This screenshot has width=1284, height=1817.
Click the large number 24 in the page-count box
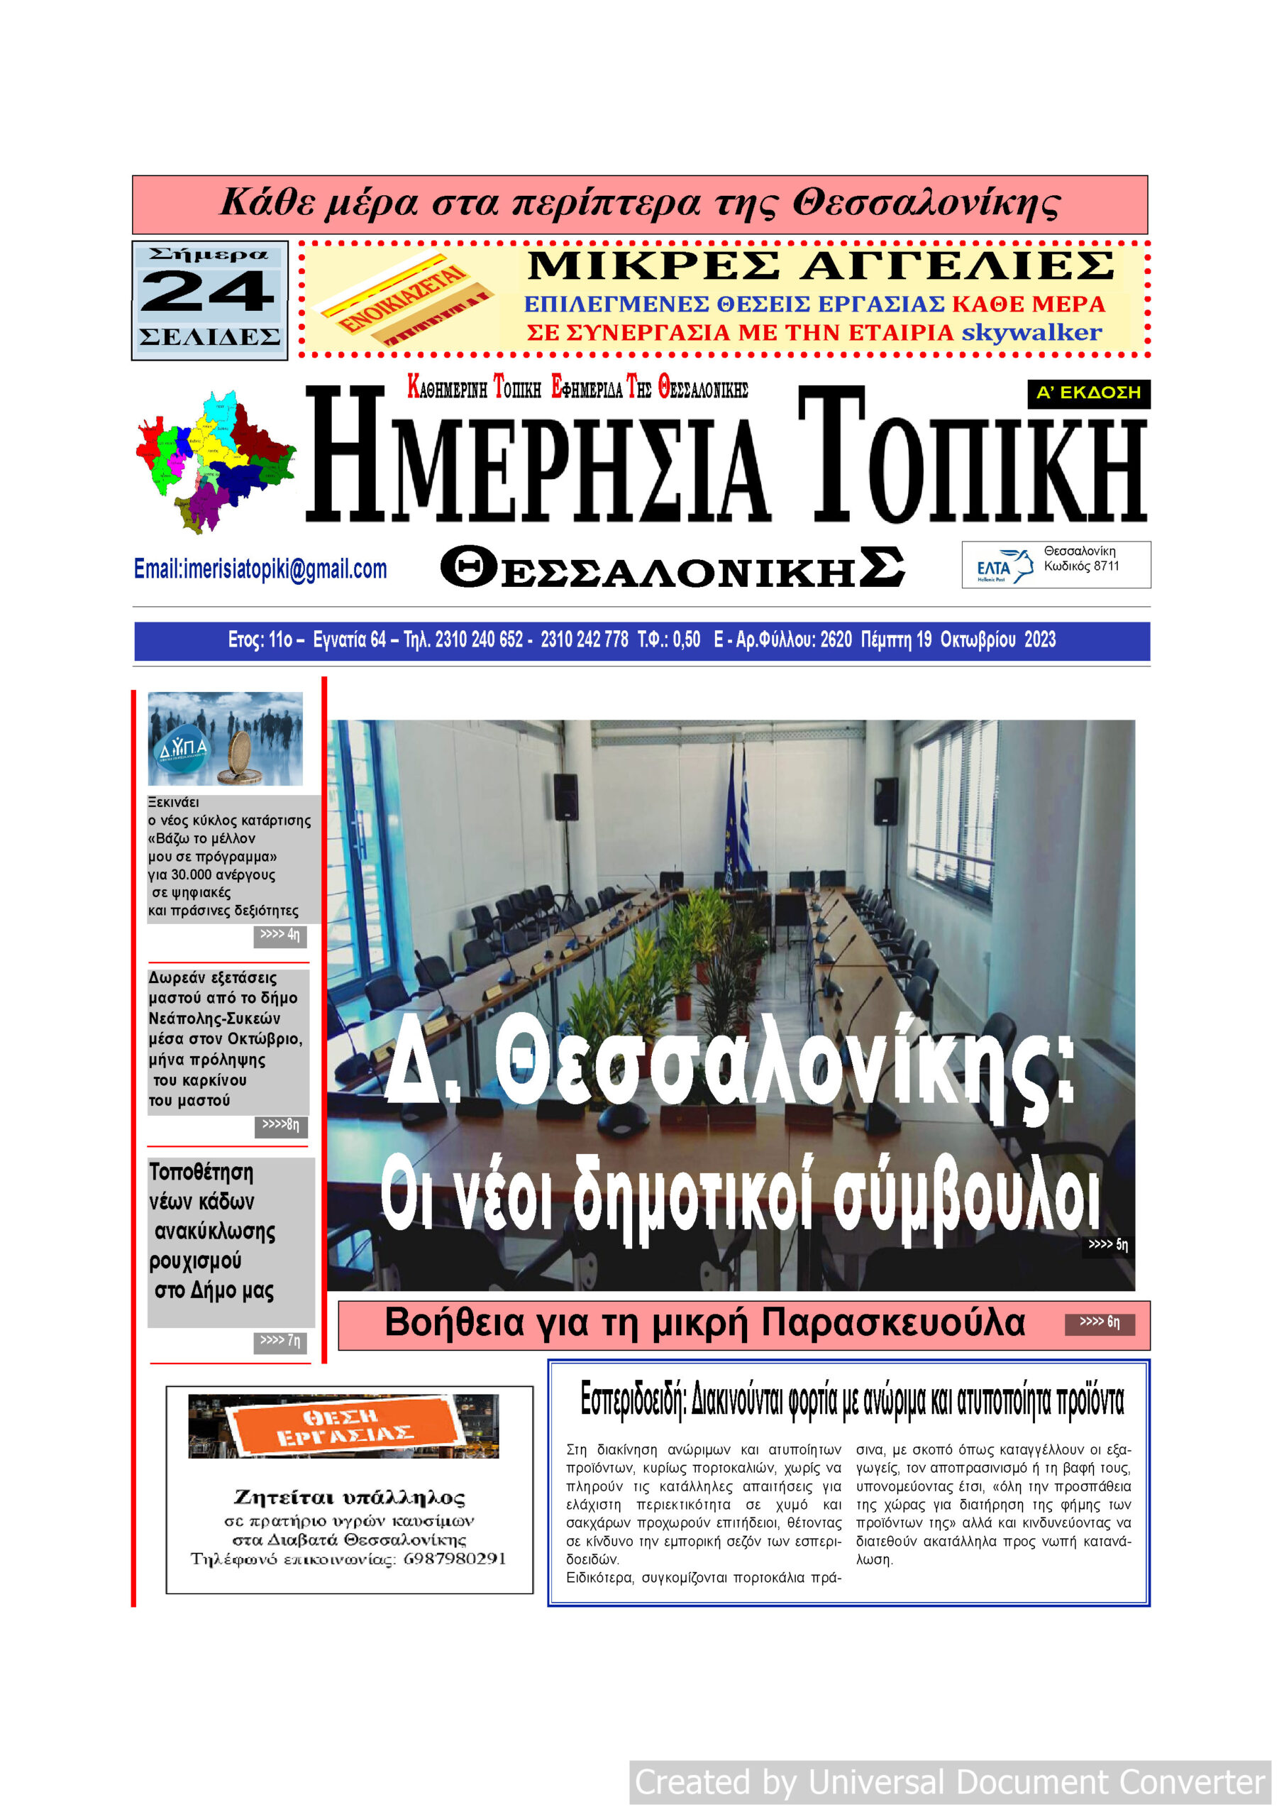[x=208, y=292]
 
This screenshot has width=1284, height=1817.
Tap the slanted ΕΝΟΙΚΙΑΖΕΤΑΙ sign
[x=404, y=300]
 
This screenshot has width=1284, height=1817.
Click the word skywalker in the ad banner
[x=1031, y=332]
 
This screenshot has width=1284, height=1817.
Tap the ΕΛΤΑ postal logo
[x=1002, y=566]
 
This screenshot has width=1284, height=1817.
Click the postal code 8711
[x=1105, y=566]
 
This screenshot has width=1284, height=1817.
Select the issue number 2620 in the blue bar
[x=836, y=639]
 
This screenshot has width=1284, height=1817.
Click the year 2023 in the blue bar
[x=1039, y=639]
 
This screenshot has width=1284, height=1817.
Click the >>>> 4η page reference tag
[x=280, y=935]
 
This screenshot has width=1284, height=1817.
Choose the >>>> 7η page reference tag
[x=280, y=1341]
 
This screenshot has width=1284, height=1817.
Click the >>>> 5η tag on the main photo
[x=1107, y=1245]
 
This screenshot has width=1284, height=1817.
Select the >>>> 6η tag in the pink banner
[x=1099, y=1322]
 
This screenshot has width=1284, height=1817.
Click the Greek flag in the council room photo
[x=743, y=823]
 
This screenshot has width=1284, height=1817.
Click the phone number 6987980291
[x=454, y=1560]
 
